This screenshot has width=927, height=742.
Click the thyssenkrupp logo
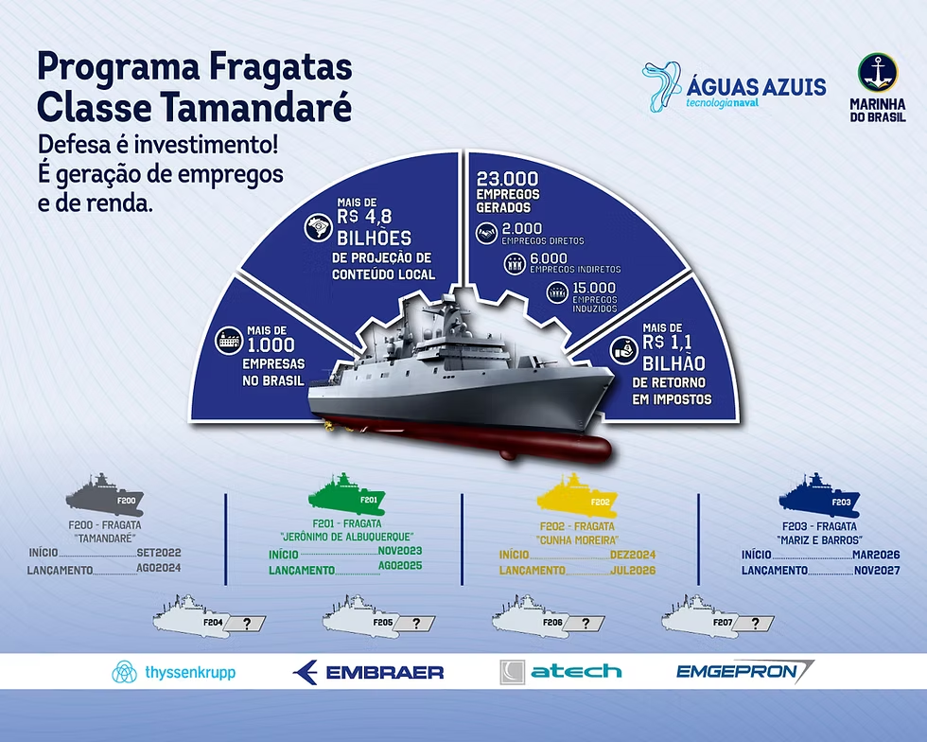tap(173, 672)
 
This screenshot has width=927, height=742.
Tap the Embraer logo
tap(368, 672)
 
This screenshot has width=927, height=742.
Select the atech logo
tap(560, 672)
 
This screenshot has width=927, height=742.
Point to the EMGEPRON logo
tap(745, 672)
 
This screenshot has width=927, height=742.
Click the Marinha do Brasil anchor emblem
tap(878, 72)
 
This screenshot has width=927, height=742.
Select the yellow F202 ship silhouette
tap(576, 495)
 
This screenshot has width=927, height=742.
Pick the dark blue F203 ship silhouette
tap(819, 495)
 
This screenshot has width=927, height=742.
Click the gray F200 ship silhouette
tap(105, 495)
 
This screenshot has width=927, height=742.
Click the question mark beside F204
tap(247, 623)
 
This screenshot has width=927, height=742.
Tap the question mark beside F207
tap(755, 623)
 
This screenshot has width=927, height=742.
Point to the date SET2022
tap(159, 553)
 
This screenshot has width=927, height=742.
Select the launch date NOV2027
tap(877, 571)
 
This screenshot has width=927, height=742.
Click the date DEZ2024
tap(633, 555)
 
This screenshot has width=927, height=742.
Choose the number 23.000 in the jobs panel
tap(508, 179)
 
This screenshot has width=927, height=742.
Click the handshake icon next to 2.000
tap(487, 233)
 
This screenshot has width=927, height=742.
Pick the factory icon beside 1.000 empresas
tap(229, 340)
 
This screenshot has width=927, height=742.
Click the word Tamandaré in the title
tap(256, 107)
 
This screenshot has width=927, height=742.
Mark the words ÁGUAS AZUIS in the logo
tap(756, 87)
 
